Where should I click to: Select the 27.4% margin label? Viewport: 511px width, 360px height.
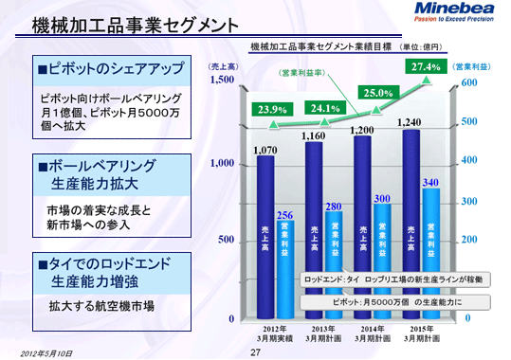(424, 66)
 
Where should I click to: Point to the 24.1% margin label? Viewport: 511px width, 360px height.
(323, 107)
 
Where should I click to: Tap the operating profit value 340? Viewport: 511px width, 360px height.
(430, 181)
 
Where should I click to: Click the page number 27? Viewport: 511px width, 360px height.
(255, 352)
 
